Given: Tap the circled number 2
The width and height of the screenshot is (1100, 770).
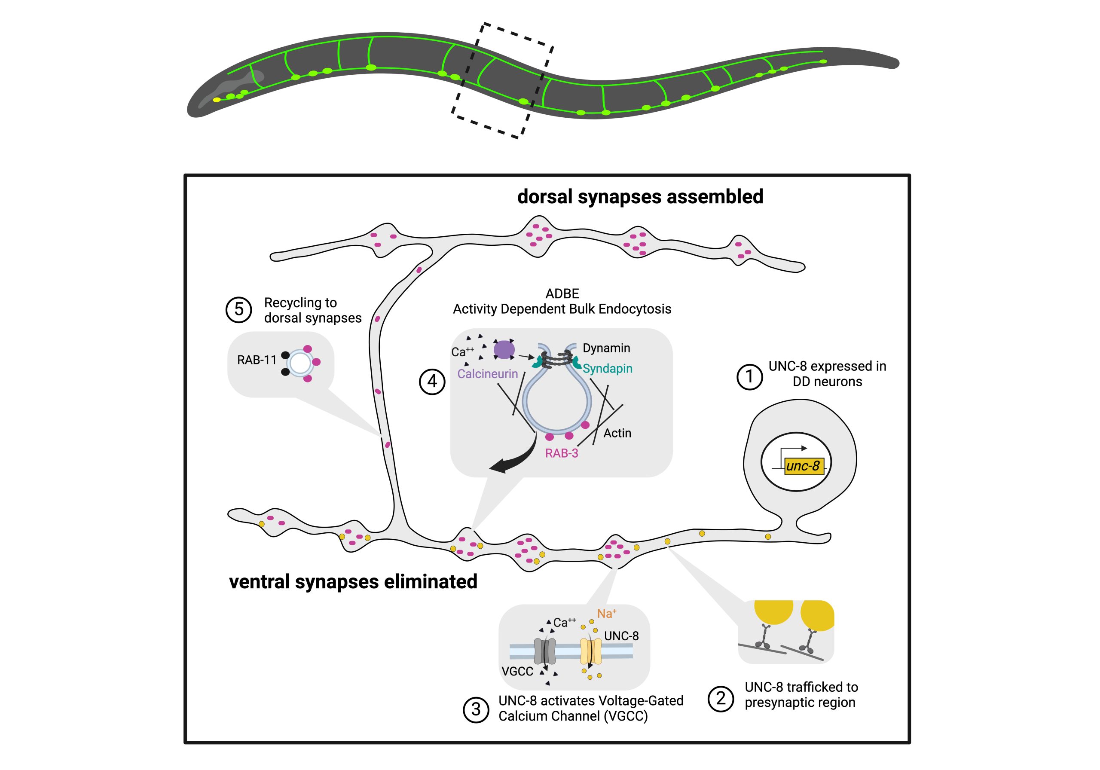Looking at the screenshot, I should pyautogui.click(x=721, y=699).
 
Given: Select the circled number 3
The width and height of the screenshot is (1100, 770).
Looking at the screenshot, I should pyautogui.click(x=476, y=709).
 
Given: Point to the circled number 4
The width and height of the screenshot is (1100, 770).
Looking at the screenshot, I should pyautogui.click(x=432, y=382).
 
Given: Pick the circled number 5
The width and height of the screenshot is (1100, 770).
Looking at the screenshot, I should pyautogui.click(x=238, y=309).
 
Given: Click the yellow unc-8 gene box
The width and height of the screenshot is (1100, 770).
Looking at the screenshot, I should pyautogui.click(x=804, y=466).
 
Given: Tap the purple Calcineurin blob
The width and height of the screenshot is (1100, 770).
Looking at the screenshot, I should pyautogui.click(x=504, y=349).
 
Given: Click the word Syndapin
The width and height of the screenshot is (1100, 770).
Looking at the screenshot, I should pyautogui.click(x=607, y=369).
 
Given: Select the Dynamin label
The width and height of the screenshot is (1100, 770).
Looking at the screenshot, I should pyautogui.click(x=606, y=348).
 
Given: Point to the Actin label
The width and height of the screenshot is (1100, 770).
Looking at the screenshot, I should pyautogui.click(x=617, y=433).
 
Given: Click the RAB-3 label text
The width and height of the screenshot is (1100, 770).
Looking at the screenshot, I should pyautogui.click(x=562, y=453).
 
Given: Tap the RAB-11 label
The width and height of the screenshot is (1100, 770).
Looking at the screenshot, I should pyautogui.click(x=257, y=360).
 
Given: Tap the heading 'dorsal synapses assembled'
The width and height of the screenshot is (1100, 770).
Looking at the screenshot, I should pyautogui.click(x=640, y=197).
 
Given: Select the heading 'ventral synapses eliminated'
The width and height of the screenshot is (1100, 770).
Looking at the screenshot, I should pyautogui.click(x=353, y=582).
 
